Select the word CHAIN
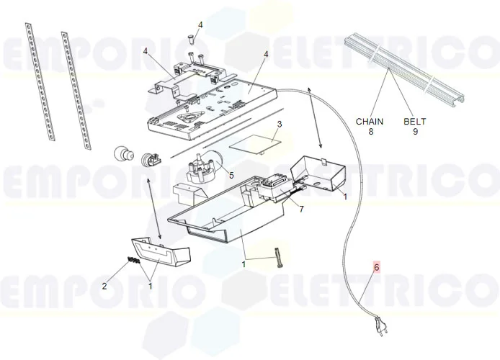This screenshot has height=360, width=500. (370, 122)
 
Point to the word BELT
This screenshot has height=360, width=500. (415, 122)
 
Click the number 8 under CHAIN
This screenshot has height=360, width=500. (370, 132)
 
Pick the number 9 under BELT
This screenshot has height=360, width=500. (415, 132)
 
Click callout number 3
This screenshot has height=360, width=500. (280, 124)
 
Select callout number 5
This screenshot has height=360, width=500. (231, 174)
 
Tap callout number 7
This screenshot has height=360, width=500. (302, 209)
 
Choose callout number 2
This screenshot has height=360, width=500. (104, 286)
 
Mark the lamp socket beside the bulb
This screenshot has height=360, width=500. (151, 158)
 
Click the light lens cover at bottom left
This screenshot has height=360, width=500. (160, 252)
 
